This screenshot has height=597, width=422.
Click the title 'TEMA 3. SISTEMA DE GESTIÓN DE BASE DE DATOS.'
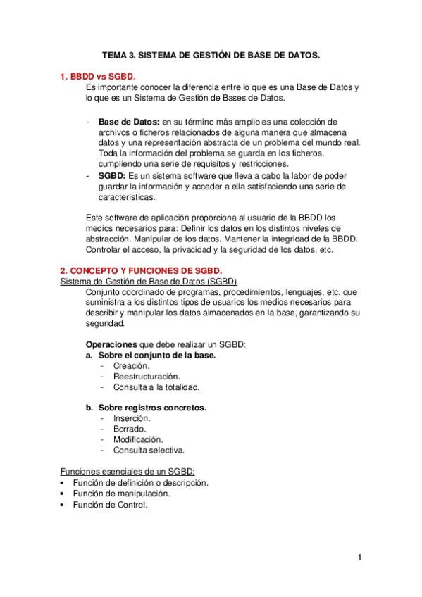(x=210, y=54)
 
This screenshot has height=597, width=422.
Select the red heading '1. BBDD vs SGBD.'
(x=98, y=76)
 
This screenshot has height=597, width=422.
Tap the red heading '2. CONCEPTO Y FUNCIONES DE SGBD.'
(x=141, y=270)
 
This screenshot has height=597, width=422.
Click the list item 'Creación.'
(x=131, y=366)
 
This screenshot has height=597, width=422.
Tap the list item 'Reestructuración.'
(x=147, y=377)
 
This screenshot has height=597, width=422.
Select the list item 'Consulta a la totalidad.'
(x=156, y=387)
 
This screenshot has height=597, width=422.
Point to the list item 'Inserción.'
(x=132, y=418)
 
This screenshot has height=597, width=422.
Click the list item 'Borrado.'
(x=130, y=429)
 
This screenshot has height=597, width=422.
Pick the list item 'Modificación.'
(x=138, y=439)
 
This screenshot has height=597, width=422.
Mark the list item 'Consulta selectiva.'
(x=149, y=450)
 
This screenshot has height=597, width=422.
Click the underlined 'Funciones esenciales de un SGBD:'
(x=128, y=471)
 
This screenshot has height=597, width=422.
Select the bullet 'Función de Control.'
(x=111, y=504)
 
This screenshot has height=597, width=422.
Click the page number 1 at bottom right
(x=359, y=558)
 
